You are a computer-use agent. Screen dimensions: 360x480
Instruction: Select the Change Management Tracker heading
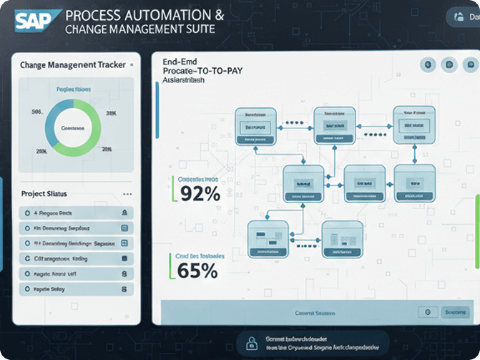point(73,65)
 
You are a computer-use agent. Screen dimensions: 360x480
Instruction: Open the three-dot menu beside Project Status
point(127,194)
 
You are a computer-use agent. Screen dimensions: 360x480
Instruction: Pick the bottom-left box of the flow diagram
point(268,238)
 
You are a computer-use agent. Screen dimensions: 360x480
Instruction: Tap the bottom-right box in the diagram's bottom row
point(342,238)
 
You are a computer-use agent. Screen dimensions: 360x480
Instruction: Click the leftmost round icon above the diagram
point(429,65)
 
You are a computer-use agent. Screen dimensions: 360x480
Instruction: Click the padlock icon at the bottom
point(251,341)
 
